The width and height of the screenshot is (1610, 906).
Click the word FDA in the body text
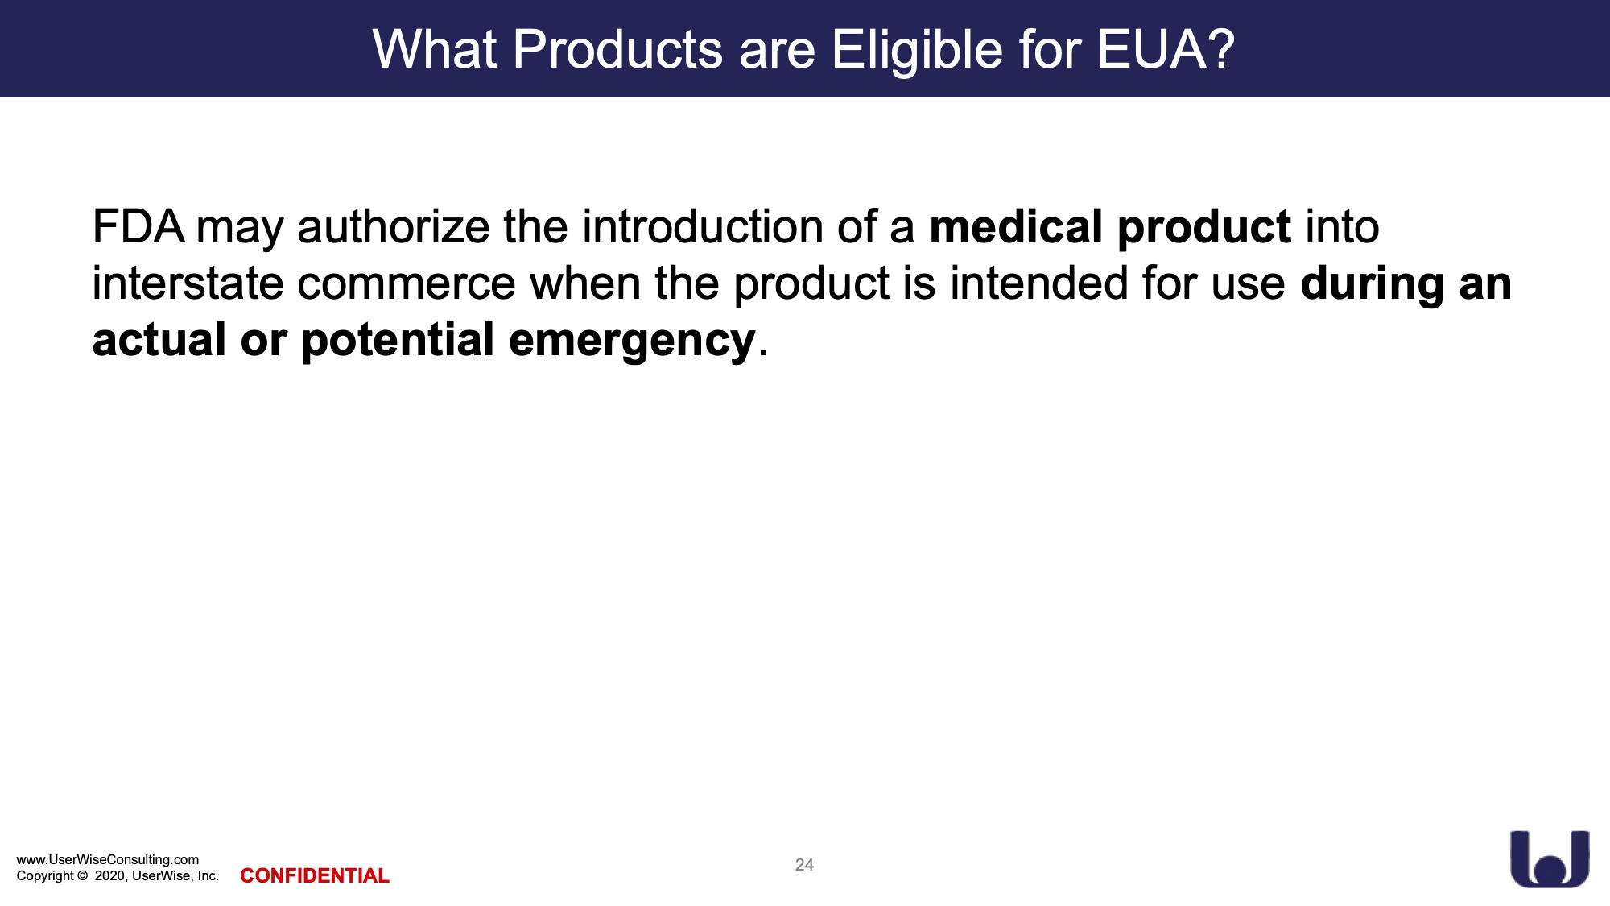pos(138,226)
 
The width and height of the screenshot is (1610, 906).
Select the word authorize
pos(394,228)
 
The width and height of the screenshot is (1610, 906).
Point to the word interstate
pos(188,283)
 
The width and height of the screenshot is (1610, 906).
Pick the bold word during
pos(1373,284)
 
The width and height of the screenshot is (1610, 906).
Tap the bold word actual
pos(159,339)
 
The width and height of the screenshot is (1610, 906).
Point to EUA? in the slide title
pos(1166,49)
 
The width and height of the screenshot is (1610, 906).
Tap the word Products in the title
pos(618,49)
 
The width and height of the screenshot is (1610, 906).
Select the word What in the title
pos(435,49)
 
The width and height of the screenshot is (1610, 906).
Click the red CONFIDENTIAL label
pos(315,875)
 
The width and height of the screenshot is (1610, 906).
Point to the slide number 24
pos(804,865)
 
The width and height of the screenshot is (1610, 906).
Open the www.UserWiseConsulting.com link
pos(108,859)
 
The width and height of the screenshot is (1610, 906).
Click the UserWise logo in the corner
pos(1550,859)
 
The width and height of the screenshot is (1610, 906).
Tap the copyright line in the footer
pos(118,875)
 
